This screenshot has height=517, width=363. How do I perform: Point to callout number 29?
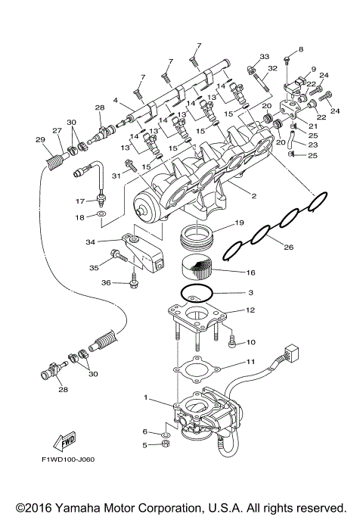click(40, 139)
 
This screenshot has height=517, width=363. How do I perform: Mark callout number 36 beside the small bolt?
click(107, 282)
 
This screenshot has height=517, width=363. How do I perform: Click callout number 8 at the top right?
click(300, 49)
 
